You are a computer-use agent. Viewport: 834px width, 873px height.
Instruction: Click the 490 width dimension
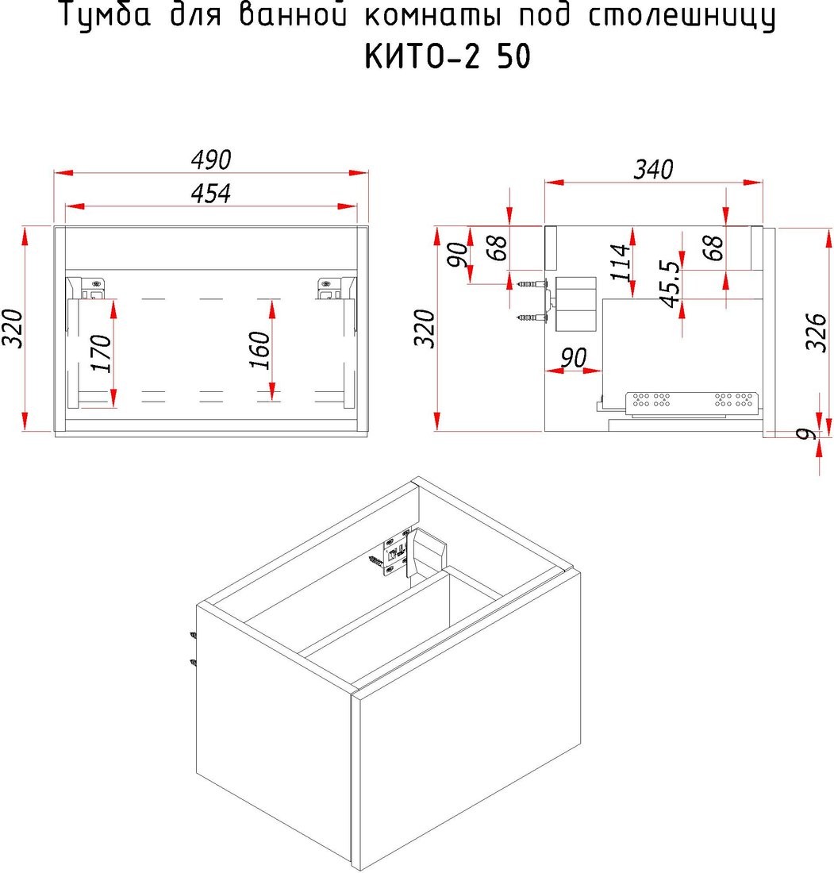210,160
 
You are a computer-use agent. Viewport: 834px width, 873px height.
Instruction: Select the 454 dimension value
210,194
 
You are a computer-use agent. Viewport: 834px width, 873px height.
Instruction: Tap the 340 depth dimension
654,169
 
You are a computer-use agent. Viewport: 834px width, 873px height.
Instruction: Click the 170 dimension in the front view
102,353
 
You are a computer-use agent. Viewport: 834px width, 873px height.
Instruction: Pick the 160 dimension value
259,350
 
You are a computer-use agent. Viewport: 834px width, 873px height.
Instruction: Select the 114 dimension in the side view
620,262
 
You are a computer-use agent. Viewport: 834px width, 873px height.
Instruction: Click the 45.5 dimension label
670,284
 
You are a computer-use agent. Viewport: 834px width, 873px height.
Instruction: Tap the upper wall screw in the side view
531,284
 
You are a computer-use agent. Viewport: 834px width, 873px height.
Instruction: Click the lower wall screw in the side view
531,318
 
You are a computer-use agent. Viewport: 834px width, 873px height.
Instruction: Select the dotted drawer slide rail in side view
692,404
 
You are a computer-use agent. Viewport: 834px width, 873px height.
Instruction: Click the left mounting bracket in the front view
93,288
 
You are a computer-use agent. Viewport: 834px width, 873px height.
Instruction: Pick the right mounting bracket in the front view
329,288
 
